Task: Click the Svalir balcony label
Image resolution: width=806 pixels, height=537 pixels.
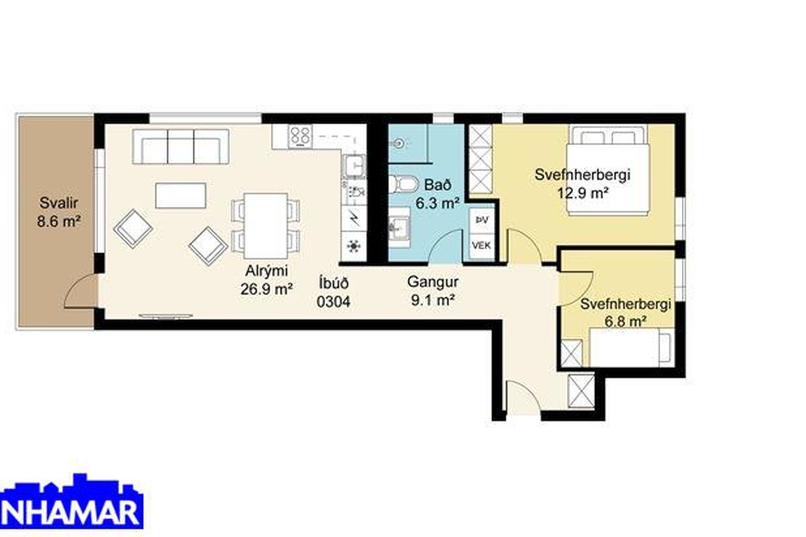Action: click(x=59, y=203)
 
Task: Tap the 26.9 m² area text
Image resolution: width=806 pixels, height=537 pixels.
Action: click(x=267, y=289)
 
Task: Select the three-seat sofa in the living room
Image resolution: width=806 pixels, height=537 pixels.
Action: click(x=181, y=146)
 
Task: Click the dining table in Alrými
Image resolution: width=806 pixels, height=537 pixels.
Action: click(x=266, y=226)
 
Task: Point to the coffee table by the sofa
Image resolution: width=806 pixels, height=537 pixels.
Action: click(x=181, y=196)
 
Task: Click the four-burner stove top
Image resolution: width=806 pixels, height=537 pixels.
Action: click(x=300, y=136)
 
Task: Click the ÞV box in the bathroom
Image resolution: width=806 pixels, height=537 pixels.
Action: click(x=482, y=220)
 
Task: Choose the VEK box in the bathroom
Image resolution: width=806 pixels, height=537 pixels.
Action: click(x=482, y=245)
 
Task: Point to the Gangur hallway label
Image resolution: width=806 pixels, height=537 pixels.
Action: click(x=432, y=282)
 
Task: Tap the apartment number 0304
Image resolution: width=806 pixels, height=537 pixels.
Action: click(x=333, y=302)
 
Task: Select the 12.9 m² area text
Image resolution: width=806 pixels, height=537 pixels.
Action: click(x=583, y=193)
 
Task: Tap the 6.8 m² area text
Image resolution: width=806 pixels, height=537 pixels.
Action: click(x=625, y=322)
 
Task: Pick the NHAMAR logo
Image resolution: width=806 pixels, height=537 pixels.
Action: click(x=72, y=501)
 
